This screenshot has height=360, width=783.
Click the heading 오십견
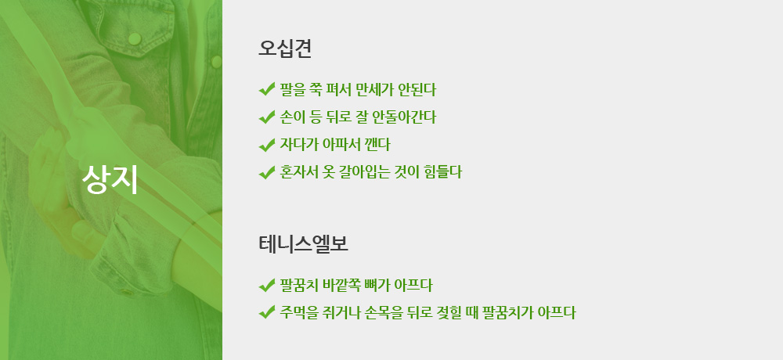(x=285, y=49)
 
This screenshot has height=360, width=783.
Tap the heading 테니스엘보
(x=303, y=244)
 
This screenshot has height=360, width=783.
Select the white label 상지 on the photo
(x=110, y=178)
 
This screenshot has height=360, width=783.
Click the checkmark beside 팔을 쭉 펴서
(x=267, y=90)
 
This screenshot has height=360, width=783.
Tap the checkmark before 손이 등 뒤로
(x=267, y=117)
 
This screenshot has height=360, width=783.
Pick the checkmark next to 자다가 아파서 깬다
(x=267, y=145)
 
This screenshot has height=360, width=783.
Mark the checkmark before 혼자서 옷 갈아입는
(x=267, y=172)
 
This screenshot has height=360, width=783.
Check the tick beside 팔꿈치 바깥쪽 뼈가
(x=267, y=286)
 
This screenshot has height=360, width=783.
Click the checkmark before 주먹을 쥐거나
(x=267, y=313)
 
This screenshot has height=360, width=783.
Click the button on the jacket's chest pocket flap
(x=135, y=38)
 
